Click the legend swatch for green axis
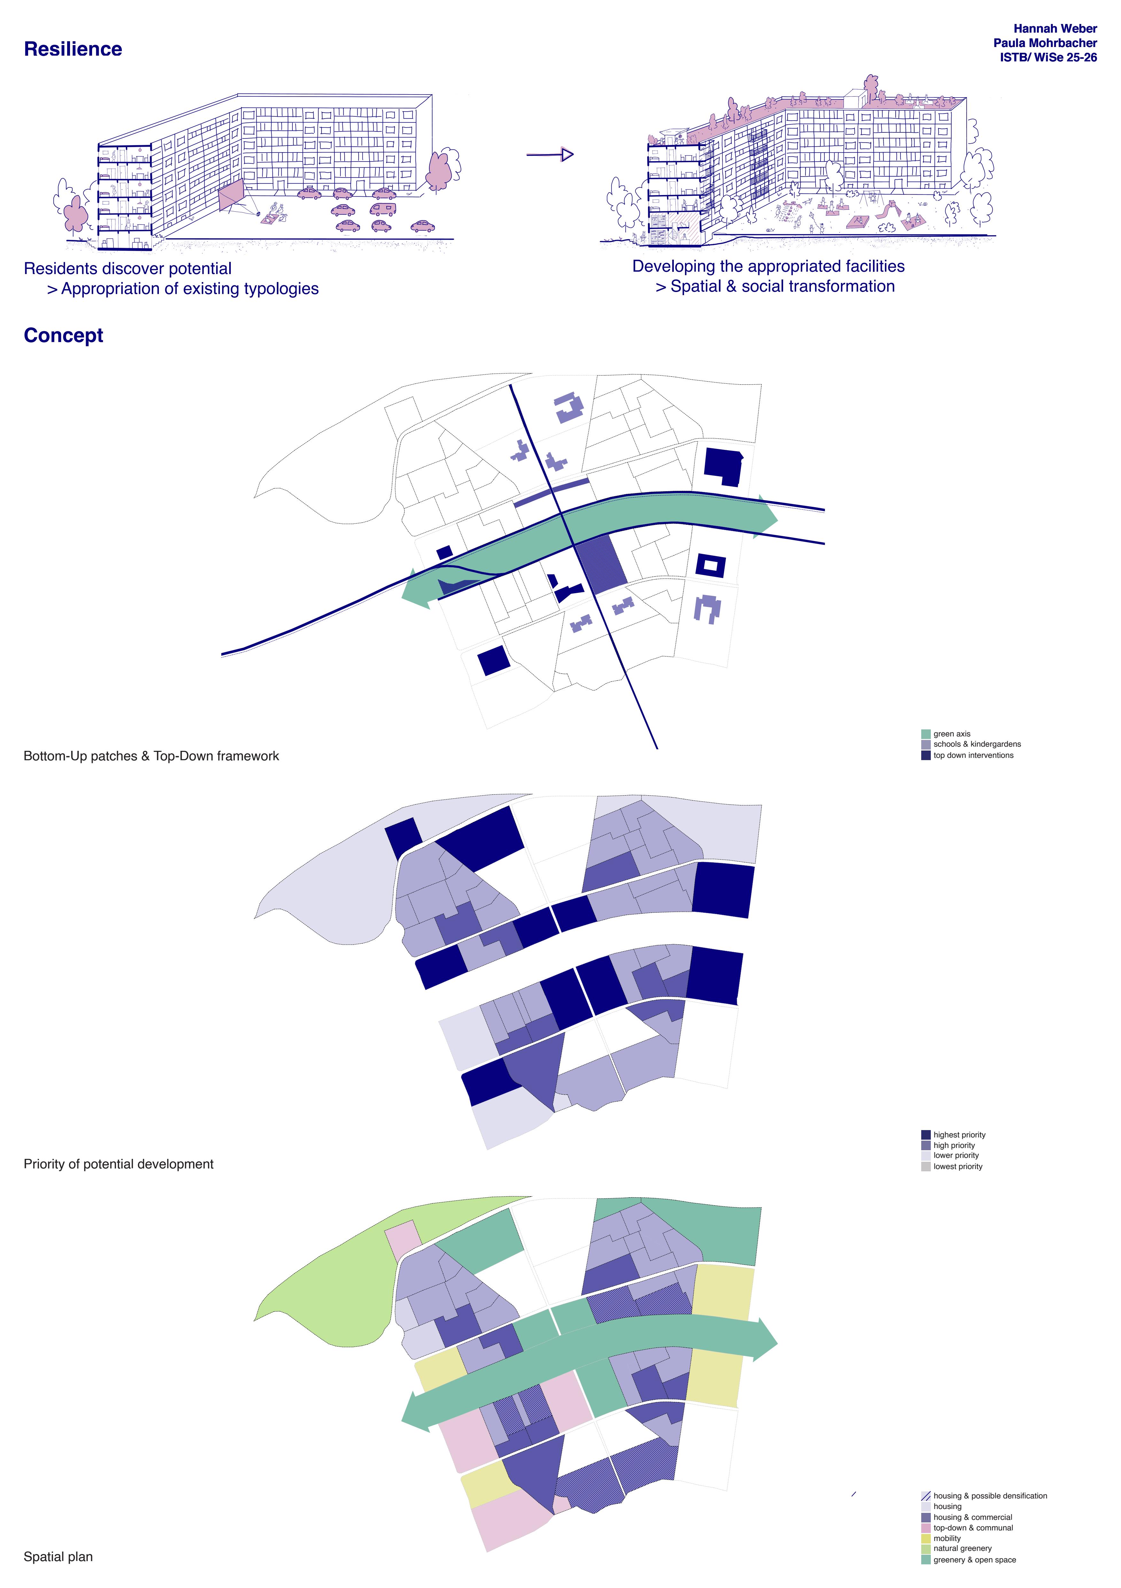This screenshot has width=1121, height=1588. click(925, 734)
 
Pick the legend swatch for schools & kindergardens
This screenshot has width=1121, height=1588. click(925, 744)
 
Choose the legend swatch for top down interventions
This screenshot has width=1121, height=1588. click(925, 755)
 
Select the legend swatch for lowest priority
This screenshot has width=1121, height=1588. click(925, 1167)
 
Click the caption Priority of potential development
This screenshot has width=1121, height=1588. click(118, 1164)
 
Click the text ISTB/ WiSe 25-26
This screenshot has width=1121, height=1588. click(1048, 58)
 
